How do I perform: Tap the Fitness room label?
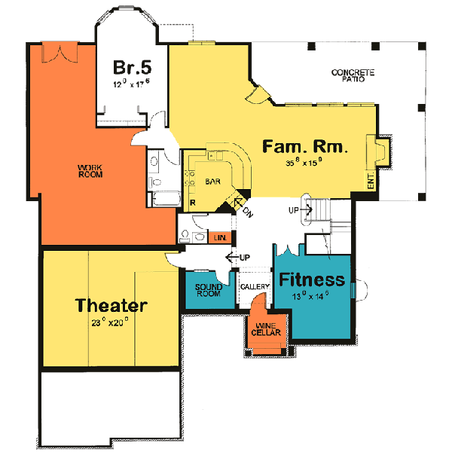pyautogui.click(x=313, y=280)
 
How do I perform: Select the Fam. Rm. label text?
pyautogui.click(x=305, y=147)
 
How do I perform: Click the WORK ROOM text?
pyautogui.click(x=90, y=170)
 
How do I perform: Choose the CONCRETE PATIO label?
pyautogui.click(x=353, y=75)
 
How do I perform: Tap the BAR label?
pyautogui.click(x=213, y=182)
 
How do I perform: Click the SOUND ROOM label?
pyautogui.click(x=208, y=290)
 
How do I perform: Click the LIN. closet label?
pyautogui.click(x=220, y=238)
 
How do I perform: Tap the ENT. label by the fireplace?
pyautogui.click(x=371, y=180)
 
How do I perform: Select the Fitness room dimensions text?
pyautogui.click(x=312, y=297)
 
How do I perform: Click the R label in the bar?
pyautogui.click(x=194, y=203)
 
